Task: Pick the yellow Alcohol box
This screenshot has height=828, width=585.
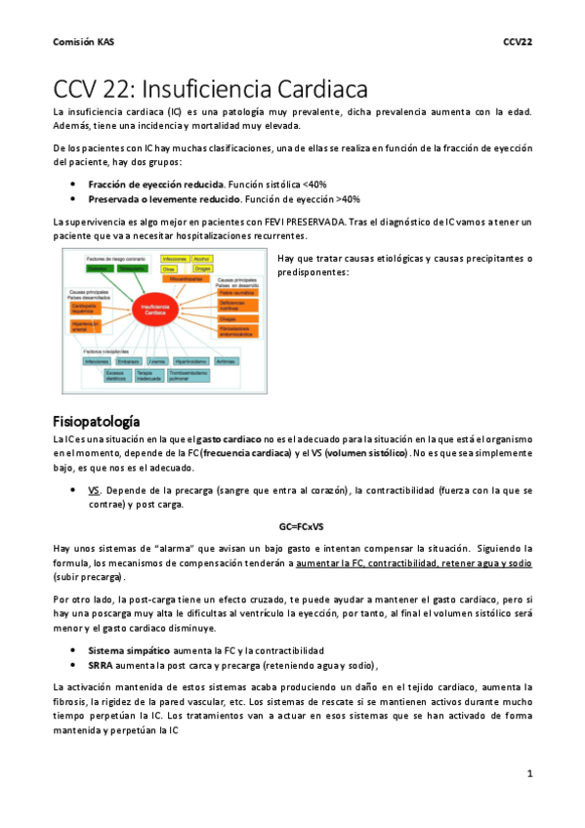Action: tap(203, 259)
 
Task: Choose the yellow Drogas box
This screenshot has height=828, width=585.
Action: tap(203, 268)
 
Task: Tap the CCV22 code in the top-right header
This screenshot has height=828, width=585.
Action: tap(517, 42)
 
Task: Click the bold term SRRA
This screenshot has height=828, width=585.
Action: tap(101, 664)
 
